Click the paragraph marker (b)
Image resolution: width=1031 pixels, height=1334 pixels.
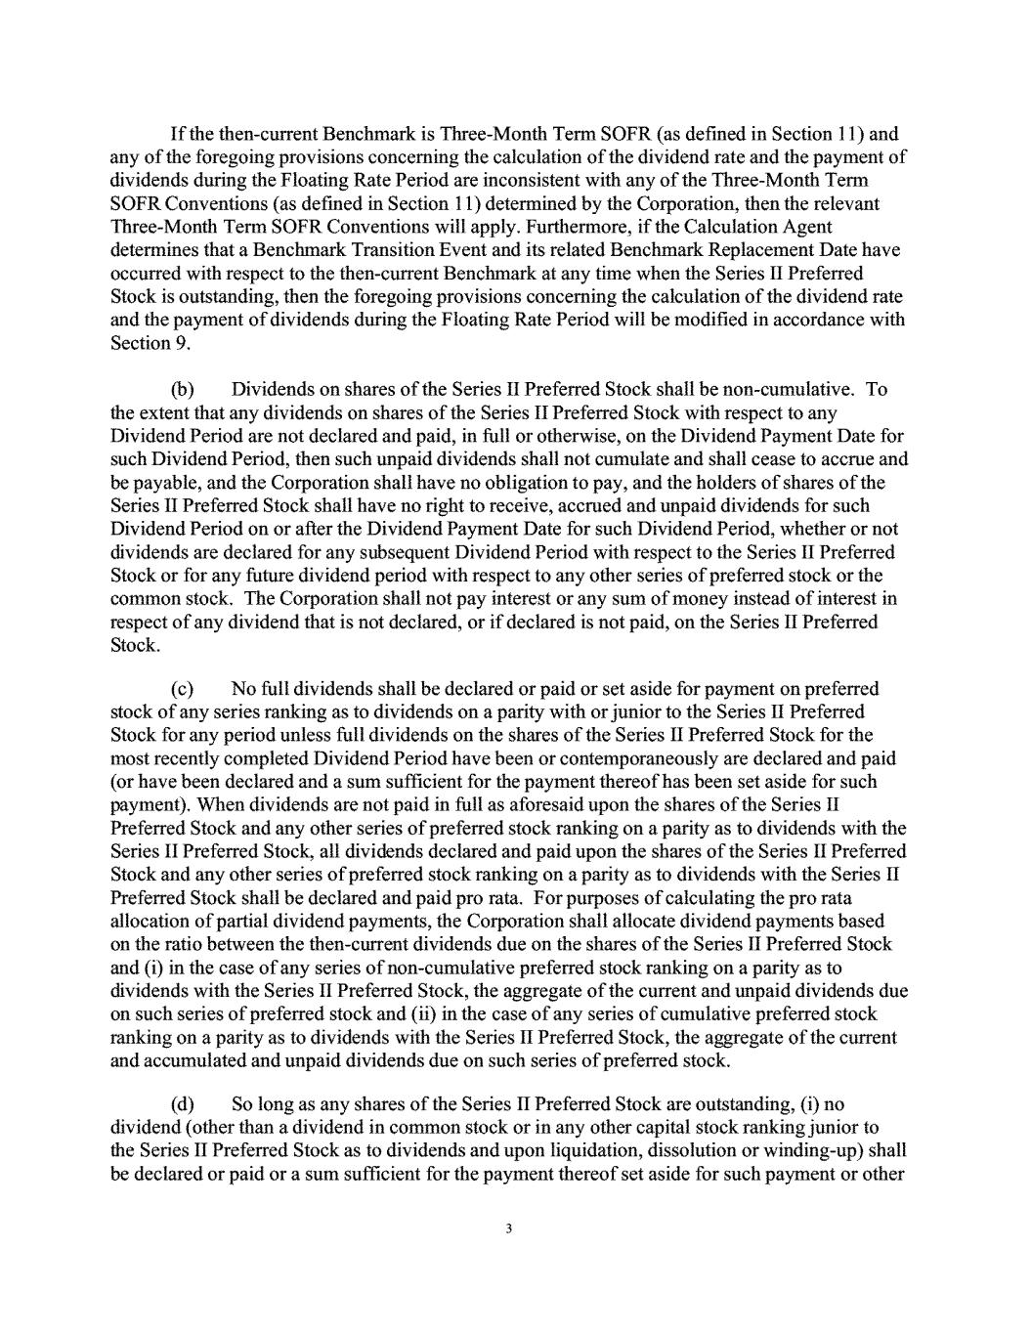182,390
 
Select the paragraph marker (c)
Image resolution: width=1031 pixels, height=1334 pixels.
182,689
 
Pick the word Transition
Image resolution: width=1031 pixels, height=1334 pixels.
449,251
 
